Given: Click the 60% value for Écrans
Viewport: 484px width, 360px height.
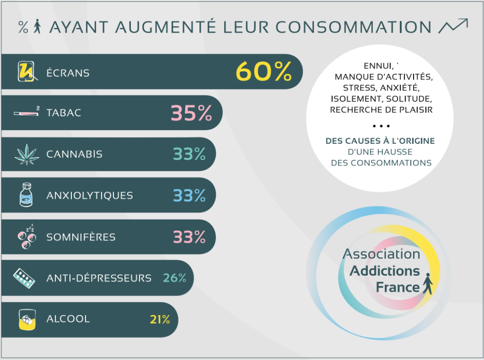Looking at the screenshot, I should click(x=264, y=72).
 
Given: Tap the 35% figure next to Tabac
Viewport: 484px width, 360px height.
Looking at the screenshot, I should click(x=191, y=113).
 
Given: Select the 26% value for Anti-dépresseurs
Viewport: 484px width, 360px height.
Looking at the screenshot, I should click(x=174, y=278).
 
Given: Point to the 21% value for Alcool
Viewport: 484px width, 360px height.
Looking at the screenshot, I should click(x=160, y=319).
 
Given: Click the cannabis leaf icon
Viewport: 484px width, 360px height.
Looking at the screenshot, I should click(x=27, y=154).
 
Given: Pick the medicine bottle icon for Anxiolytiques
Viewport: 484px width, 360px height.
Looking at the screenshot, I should click(x=27, y=195).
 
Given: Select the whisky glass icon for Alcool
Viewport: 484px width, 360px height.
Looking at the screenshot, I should click(x=27, y=319).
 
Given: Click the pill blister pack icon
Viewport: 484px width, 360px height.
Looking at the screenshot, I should click(x=25, y=278).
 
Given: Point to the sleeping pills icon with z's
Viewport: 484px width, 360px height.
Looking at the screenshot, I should click(x=27, y=237).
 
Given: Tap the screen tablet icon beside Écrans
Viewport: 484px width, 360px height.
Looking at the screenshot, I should click(x=27, y=72).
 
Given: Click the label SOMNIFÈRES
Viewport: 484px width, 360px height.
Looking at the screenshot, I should click(x=81, y=237).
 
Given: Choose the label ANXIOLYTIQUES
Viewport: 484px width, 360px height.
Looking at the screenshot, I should click(x=90, y=195).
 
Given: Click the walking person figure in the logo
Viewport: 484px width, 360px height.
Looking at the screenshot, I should click(x=427, y=284).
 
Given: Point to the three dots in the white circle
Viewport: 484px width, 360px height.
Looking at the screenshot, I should click(x=380, y=126).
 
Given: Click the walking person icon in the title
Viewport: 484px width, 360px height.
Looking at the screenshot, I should click(x=38, y=27).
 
